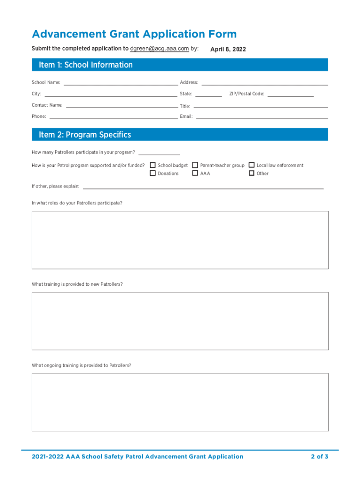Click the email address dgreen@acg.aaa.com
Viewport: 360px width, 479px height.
pyautogui.click(x=159, y=48)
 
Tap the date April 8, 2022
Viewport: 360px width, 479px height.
pyautogui.click(x=228, y=49)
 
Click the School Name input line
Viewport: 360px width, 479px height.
pyautogui.click(x=121, y=84)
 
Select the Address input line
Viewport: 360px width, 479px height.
pyautogui.click(x=265, y=84)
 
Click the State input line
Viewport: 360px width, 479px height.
pyautogui.click(x=208, y=95)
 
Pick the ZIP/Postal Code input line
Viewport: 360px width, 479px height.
pyautogui.click(x=290, y=95)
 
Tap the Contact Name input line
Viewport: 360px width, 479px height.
pyautogui.click(x=122, y=106)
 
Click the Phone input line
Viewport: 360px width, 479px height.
pyautogui.click(x=114, y=117)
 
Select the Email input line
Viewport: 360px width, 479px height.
pyautogui.click(x=262, y=117)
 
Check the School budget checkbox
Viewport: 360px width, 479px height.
pyautogui.click(x=153, y=165)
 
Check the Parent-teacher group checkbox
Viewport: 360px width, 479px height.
pyautogui.click(x=195, y=165)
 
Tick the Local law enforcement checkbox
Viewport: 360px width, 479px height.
pyautogui.click(x=252, y=165)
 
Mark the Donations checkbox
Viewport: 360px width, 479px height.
pyautogui.click(x=153, y=173)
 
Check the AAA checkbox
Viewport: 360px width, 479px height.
pyautogui.click(x=195, y=173)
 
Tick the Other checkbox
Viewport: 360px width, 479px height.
pyautogui.click(x=252, y=173)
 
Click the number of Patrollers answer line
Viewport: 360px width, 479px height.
pyautogui.click(x=159, y=153)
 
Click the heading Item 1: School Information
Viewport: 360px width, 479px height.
pyautogui.click(x=86, y=65)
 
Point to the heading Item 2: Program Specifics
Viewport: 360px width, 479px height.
pyautogui.click(x=85, y=135)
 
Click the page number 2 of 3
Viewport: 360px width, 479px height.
pyautogui.click(x=320, y=457)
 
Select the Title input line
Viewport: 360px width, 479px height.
pyautogui.click(x=261, y=106)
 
